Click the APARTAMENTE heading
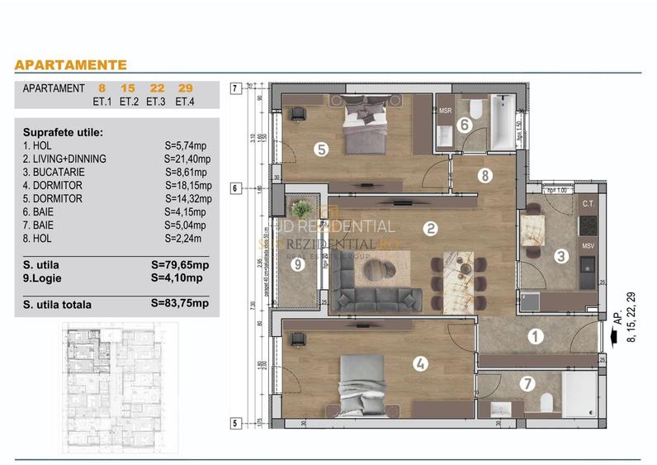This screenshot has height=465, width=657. [71, 64]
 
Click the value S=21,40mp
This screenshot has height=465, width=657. [187, 159]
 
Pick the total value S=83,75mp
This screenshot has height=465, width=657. [180, 303]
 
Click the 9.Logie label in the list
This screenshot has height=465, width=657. [43, 278]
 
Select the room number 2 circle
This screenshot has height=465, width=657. [429, 229]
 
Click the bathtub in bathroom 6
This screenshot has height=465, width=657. [502, 123]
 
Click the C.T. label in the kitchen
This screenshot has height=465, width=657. [588, 203]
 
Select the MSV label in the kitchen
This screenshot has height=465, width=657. [588, 246]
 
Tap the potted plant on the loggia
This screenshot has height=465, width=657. [301, 210]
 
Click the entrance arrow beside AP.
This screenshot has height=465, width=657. [612, 336]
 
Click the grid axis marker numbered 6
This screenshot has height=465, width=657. [235, 188]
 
